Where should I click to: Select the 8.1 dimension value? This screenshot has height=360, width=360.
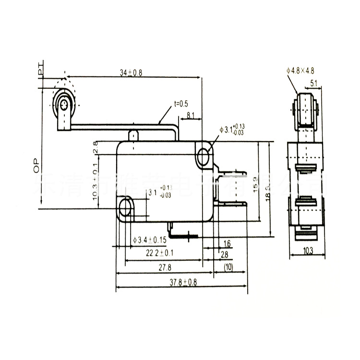coord(190,115)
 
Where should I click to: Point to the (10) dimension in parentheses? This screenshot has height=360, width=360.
coord(228,267)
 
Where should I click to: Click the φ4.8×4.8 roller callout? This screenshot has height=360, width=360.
coord(300,71)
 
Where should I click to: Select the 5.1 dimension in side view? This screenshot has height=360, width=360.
coord(313,84)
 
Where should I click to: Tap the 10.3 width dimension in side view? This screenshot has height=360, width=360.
coord(308,250)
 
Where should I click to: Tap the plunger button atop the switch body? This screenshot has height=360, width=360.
coord(134,135)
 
